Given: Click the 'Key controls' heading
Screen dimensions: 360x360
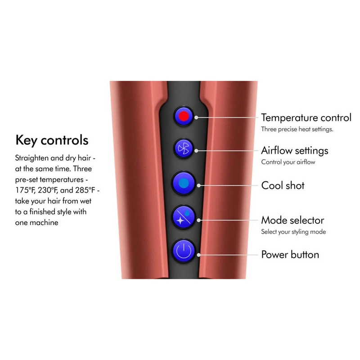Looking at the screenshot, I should (52, 140).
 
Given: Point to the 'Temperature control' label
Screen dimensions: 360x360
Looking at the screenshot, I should (306, 118).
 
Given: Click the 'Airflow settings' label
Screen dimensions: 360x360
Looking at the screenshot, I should (295, 150).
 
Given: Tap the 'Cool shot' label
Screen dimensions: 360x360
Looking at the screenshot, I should (283, 185).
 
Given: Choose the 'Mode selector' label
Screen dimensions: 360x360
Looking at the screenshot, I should (292, 220).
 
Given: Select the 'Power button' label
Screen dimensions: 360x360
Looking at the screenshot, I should (290, 255).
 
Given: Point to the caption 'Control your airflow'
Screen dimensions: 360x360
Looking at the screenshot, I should (288, 162).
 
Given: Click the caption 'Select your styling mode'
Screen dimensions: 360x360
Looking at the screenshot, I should (293, 232).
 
